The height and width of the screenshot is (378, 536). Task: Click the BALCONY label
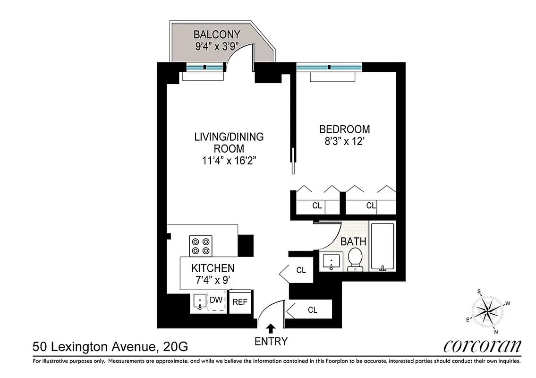click(217, 34)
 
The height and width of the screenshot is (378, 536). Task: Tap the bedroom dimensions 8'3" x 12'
click(344, 141)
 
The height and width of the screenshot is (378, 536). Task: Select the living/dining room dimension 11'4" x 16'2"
click(229, 161)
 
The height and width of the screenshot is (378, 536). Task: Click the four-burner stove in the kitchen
click(200, 246)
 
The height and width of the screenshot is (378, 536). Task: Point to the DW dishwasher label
click(216, 300)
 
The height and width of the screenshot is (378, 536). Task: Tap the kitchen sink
click(200, 303)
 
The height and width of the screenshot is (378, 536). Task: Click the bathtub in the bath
click(383, 247)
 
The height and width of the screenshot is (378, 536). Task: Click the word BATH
click(353, 241)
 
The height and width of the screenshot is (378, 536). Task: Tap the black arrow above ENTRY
click(271, 328)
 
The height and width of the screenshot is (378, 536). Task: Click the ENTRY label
click(271, 341)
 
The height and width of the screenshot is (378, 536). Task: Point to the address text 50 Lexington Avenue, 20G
click(110, 347)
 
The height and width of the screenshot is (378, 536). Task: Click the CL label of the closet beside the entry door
click(312, 310)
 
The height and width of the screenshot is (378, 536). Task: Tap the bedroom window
click(329, 68)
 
